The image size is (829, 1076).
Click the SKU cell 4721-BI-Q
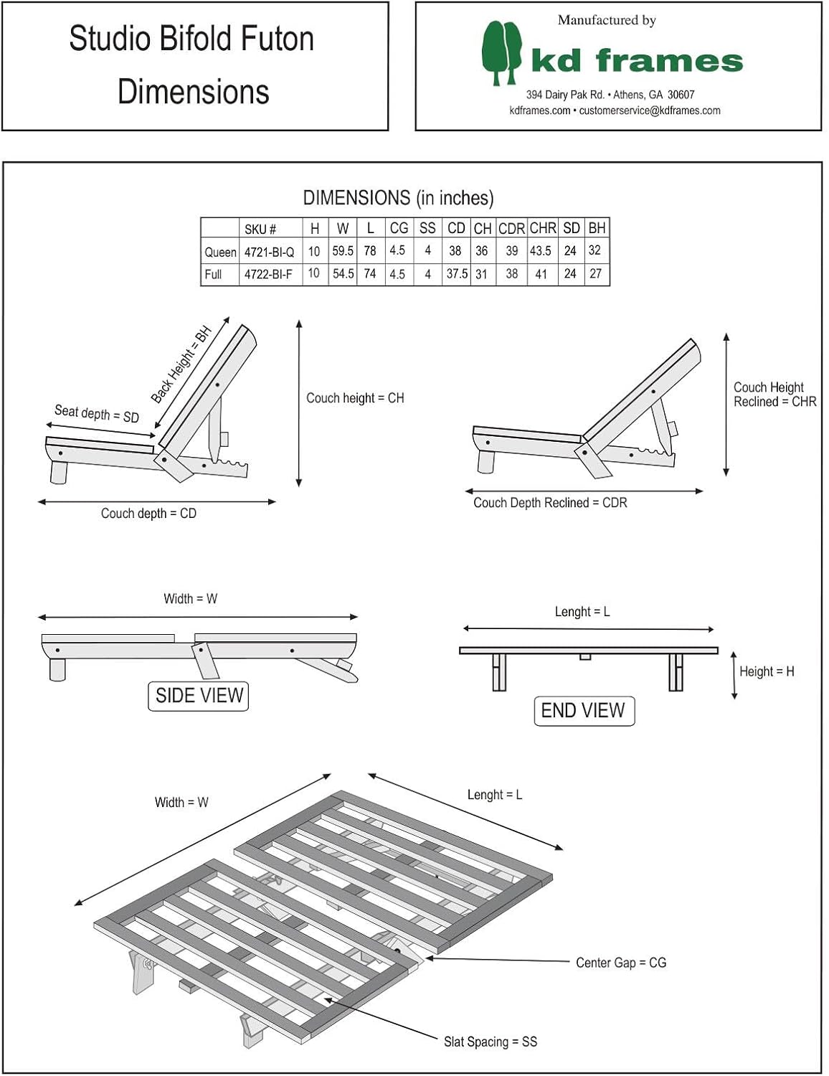click(269, 252)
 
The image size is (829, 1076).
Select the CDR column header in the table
click(511, 229)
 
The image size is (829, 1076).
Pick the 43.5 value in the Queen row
click(541, 251)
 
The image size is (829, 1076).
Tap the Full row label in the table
click(213, 274)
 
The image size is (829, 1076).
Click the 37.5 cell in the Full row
click(457, 274)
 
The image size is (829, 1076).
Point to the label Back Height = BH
click(181, 364)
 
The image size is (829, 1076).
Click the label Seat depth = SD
click(97, 414)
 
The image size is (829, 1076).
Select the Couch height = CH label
click(355, 398)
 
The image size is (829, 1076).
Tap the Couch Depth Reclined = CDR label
click(550, 503)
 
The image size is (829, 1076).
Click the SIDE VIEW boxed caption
click(199, 696)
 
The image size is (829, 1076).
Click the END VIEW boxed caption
click(583, 711)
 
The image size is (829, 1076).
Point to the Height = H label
click(767, 671)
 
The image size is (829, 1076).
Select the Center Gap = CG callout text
click(621, 963)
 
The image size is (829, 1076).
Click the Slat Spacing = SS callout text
click(490, 1042)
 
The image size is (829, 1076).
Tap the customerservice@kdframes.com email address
click(650, 110)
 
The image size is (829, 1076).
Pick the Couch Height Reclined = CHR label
click(774, 395)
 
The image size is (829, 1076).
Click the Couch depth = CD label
click(148, 514)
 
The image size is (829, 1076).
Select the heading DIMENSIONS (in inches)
click(398, 198)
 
